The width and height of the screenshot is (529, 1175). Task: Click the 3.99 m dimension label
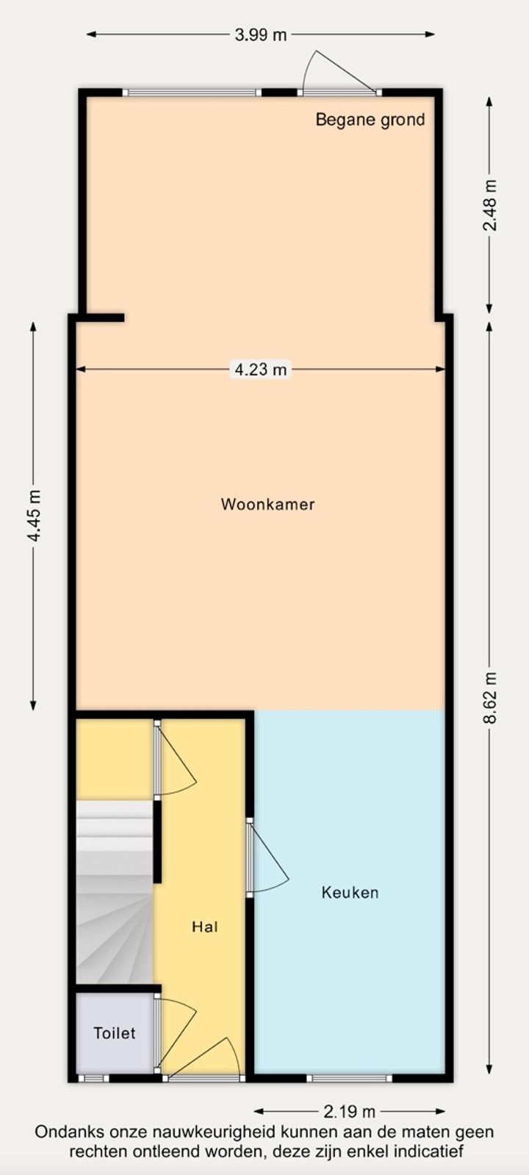[261, 35]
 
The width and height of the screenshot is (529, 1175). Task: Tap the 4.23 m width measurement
[261, 370]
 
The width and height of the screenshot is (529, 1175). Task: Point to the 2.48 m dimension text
[489, 205]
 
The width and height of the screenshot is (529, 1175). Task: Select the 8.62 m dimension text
[489, 697]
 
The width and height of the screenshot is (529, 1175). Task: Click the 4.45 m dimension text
[34, 516]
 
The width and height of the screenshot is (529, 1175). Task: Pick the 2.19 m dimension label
[349, 1111]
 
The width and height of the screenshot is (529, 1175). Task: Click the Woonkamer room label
[268, 504]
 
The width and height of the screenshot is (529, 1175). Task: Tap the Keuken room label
[350, 892]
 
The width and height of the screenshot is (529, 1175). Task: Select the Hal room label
[205, 927]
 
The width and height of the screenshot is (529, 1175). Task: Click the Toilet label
[115, 1033]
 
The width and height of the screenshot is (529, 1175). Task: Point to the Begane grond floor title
[370, 120]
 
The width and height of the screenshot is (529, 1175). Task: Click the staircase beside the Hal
[115, 891]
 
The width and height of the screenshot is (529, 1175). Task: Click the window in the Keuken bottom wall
[349, 1079]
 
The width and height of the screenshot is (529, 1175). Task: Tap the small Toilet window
[94, 1079]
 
